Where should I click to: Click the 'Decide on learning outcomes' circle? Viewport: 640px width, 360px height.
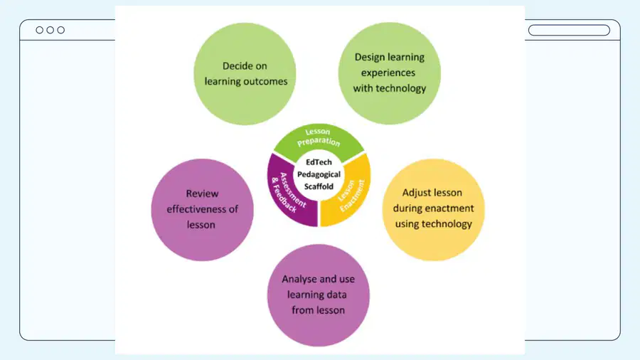[x=245, y=74]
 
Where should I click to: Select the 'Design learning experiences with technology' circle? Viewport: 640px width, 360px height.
[x=390, y=73]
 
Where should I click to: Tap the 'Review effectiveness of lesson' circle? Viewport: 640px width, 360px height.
[x=203, y=210]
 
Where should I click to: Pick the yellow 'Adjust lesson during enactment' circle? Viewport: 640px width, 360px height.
[x=434, y=210]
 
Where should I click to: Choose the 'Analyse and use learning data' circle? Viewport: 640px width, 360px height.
[x=319, y=295]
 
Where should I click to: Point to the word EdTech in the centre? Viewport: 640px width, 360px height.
[x=319, y=162]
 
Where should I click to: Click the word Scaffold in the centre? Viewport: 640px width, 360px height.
[x=319, y=186]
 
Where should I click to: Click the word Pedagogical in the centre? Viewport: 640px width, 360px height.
[x=319, y=175]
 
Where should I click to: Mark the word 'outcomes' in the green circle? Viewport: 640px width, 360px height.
[x=267, y=82]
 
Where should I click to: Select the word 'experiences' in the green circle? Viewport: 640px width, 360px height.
[x=388, y=73]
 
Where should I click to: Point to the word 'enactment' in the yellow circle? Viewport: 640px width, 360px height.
[x=449, y=208]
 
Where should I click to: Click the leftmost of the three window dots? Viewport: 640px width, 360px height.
[x=40, y=30]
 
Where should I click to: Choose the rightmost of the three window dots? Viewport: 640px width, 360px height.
[x=61, y=30]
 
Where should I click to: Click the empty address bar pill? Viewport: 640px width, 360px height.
[x=569, y=30]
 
